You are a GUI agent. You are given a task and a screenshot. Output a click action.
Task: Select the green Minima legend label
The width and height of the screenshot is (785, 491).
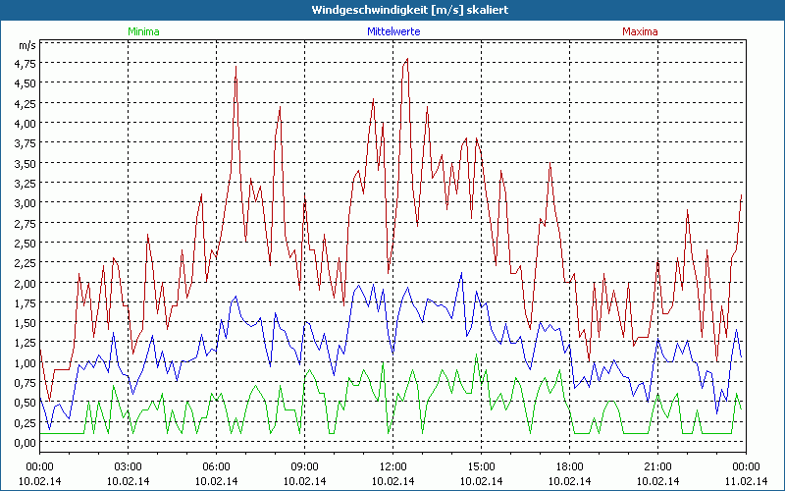(x=143, y=31)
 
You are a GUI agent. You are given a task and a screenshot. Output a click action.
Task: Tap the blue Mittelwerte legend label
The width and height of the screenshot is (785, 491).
(x=392, y=31)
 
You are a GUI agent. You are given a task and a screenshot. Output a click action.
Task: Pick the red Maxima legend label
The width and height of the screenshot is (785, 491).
(x=641, y=31)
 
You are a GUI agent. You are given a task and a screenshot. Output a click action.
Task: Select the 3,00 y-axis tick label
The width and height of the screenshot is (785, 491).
(x=25, y=202)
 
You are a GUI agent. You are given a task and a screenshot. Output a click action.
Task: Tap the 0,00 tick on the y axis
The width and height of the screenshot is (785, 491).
(x=25, y=442)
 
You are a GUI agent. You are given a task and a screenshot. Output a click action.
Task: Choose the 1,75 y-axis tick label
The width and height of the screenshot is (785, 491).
(x=25, y=302)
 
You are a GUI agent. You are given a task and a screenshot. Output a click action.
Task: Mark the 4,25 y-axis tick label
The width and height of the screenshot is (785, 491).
(x=25, y=103)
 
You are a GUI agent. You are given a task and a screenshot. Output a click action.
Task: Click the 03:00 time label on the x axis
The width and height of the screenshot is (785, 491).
(x=129, y=466)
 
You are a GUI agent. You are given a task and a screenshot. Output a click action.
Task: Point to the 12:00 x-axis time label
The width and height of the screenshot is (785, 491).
(x=393, y=466)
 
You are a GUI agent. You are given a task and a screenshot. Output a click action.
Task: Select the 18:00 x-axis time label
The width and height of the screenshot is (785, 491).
(x=570, y=466)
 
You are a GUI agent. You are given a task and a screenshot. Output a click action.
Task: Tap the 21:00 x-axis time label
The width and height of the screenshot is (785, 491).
(x=658, y=466)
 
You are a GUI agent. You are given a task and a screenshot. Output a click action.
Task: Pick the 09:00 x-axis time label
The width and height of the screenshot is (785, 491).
(x=305, y=466)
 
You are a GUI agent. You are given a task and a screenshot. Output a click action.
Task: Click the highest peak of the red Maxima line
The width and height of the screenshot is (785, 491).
(x=406, y=60)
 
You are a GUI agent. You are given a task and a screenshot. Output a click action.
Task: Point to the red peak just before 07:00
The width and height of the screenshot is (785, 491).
(x=235, y=66)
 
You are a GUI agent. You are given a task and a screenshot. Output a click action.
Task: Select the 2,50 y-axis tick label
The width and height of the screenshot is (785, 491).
(x=25, y=243)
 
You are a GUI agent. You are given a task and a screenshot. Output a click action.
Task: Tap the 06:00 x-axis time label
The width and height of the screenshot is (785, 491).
(x=217, y=466)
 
